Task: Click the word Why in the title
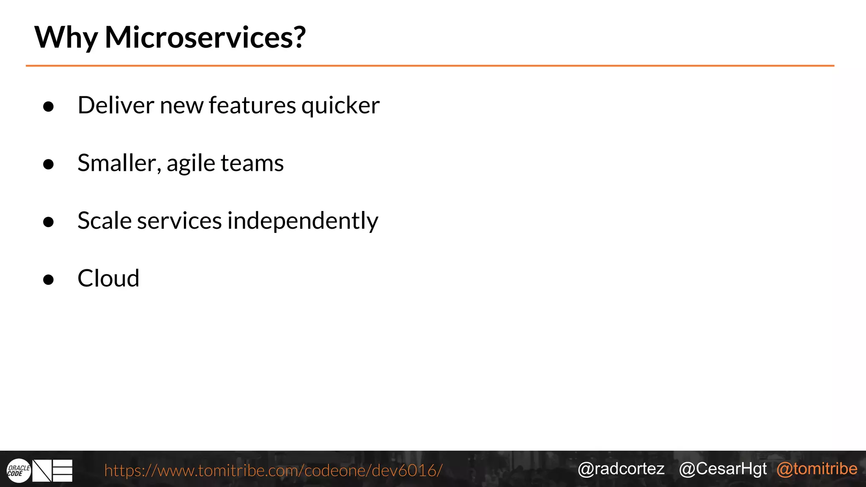[x=66, y=38]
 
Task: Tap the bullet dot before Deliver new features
[x=49, y=107]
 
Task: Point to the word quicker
[x=340, y=106]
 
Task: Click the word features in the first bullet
[x=252, y=105]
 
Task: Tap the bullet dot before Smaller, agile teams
[x=49, y=164]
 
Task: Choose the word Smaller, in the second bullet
[x=119, y=163]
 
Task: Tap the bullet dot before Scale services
[x=49, y=222]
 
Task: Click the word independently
[x=303, y=221]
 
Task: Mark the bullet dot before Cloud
[x=49, y=279]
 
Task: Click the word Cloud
[x=108, y=279]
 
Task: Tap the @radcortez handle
[x=621, y=469]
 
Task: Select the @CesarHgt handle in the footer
[x=723, y=469]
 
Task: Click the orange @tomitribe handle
[x=817, y=469]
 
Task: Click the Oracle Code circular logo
[x=19, y=471]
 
